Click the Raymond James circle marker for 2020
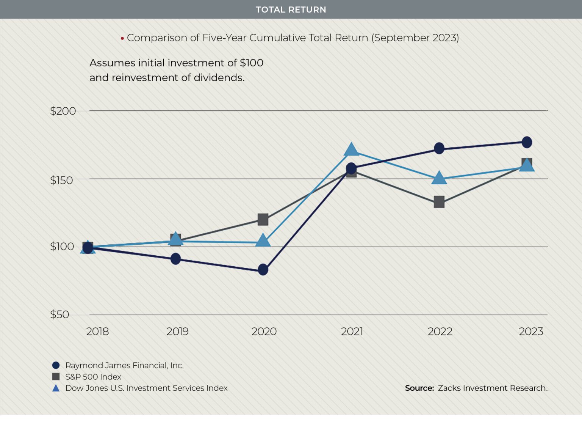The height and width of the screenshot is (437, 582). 263,270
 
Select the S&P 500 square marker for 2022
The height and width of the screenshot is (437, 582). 439,202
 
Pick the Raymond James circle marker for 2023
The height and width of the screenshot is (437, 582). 527,142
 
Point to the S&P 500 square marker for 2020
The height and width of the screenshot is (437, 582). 263,219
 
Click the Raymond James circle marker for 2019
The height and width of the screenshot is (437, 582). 175,259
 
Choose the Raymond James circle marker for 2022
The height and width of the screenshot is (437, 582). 439,148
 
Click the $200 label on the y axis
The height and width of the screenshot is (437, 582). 63,111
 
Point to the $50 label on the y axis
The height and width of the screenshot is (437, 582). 59,314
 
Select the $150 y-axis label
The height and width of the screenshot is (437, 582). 61,180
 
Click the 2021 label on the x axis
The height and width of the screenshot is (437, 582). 352,332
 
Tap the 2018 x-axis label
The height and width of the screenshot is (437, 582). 97,332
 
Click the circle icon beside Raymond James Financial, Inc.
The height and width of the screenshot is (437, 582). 56,365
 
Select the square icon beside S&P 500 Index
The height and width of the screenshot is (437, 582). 56,377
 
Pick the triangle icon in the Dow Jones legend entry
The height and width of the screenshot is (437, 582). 56,388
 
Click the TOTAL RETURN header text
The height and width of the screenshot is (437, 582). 291,9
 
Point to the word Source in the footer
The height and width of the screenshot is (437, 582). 419,388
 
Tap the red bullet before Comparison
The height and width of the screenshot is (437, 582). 122,38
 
